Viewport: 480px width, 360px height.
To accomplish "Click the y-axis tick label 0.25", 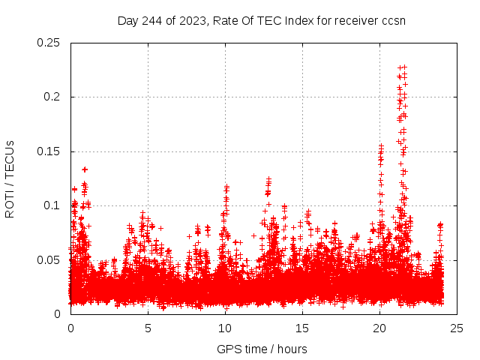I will pos(49,43).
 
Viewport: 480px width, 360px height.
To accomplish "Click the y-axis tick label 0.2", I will pos(52,97).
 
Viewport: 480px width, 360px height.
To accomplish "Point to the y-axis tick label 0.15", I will pos(49,151).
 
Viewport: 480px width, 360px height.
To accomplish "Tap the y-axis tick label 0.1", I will pos(52,205).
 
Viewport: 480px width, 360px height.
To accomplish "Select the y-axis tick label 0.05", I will pos(49,259).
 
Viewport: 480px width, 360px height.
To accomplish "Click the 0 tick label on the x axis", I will pos(70,328).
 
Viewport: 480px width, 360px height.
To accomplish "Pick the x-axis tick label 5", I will pos(148,328).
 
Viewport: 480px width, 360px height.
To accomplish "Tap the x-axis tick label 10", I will pos(225,328).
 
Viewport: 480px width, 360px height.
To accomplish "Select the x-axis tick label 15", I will pos(302,328).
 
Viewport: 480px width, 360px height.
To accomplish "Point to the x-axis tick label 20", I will pos(379,328).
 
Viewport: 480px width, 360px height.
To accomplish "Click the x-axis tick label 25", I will pos(457,328).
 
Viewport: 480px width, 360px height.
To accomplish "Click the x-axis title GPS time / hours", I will pos(262,349).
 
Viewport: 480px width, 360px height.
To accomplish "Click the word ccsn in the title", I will pos(393,20).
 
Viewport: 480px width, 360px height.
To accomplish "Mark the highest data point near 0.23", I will pos(401,67).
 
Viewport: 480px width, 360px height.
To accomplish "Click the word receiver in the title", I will pos(354,20).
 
